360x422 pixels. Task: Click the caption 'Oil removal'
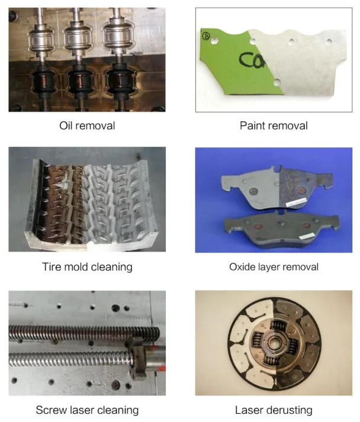(x=87, y=125)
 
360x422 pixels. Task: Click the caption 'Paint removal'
(x=274, y=125)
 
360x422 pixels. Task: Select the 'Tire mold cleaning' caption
(x=87, y=267)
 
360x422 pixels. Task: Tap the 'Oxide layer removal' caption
(x=274, y=267)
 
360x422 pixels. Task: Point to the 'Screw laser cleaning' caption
(x=87, y=410)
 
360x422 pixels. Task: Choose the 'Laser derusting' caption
(x=274, y=410)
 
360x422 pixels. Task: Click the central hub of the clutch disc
(x=274, y=342)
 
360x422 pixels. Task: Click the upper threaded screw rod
(x=83, y=334)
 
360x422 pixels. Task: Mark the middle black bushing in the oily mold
(x=80, y=80)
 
